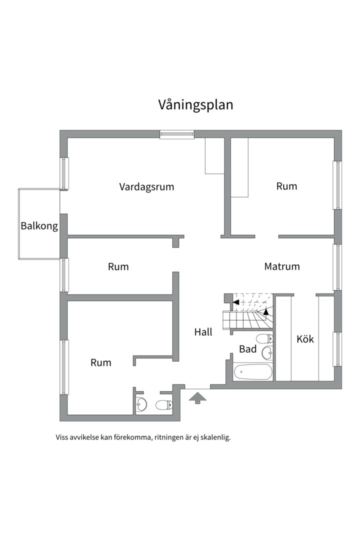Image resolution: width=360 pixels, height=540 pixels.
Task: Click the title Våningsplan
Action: click(x=195, y=105)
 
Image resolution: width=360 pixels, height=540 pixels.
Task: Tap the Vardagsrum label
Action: click(x=146, y=187)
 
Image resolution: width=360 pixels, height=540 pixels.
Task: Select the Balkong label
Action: click(x=39, y=226)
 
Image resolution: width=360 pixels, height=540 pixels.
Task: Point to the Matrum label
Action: click(x=282, y=266)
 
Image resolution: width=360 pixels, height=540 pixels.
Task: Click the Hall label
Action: click(x=203, y=331)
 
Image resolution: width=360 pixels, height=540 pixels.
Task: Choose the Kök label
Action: click(x=305, y=339)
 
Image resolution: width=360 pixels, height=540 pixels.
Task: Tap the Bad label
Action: click(x=247, y=349)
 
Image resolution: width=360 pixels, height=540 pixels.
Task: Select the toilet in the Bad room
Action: click(x=264, y=338)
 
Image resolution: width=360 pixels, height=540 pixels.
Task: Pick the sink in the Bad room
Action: click(x=268, y=353)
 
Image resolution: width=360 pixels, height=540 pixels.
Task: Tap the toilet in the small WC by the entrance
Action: click(x=163, y=405)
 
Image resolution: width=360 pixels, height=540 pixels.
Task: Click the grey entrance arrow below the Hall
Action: click(x=198, y=398)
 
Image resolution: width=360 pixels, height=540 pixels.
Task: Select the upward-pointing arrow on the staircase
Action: click(x=266, y=311)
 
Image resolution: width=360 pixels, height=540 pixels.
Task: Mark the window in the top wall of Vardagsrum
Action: click(x=177, y=134)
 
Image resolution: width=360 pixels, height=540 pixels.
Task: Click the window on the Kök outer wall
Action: click(x=338, y=348)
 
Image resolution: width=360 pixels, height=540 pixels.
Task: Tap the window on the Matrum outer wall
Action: click(x=338, y=266)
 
